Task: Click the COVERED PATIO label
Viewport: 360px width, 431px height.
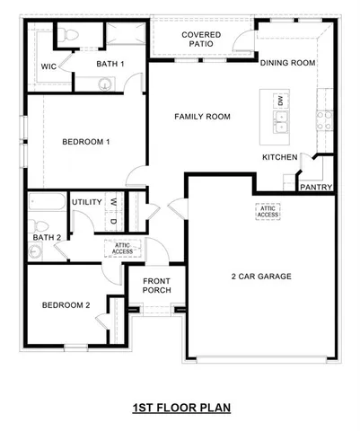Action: pos(201,40)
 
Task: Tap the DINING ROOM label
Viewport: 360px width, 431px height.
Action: pos(287,63)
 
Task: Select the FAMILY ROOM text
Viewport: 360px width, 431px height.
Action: pos(202,117)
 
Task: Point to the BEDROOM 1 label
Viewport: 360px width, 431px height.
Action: pos(85,142)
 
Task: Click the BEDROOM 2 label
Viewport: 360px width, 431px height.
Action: pos(66,305)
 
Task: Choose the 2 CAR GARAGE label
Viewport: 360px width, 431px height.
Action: pos(261,277)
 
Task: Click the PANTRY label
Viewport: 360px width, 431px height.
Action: pos(316,188)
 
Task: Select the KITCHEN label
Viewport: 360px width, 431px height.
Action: pos(279,157)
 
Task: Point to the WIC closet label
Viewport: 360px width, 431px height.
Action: pos(49,66)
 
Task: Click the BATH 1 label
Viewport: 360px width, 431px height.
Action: pos(110,64)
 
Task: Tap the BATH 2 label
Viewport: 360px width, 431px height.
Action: pos(47,238)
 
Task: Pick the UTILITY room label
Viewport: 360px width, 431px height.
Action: pos(86,202)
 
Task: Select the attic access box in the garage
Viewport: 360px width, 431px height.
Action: pos(268,212)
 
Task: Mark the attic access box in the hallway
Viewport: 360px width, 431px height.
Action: pos(122,248)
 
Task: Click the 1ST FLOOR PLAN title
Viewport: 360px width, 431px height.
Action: pos(181,408)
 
